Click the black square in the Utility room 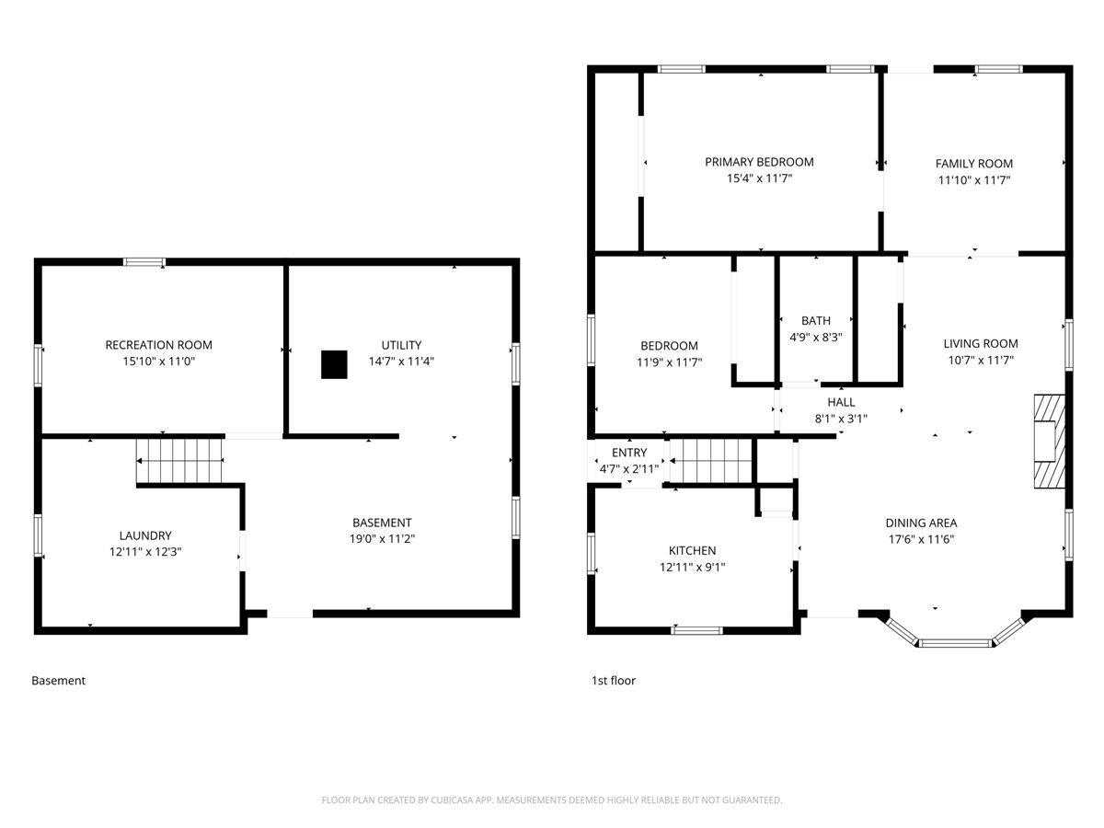[x=334, y=364]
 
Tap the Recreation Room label [x=158, y=345]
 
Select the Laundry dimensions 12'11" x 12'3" [x=145, y=551]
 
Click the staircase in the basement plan [x=179, y=461]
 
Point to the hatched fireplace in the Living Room [x=1049, y=442]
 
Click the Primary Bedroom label [x=759, y=162]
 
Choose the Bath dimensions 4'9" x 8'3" [x=815, y=337]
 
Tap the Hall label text [x=841, y=402]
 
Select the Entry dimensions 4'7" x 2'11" [x=628, y=469]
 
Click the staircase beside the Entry [x=710, y=461]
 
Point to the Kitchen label [x=692, y=550]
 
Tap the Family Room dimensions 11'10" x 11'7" [x=973, y=180]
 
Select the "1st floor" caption [x=613, y=680]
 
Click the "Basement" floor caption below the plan [x=58, y=680]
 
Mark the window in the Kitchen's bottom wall [x=696, y=630]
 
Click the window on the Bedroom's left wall [x=591, y=339]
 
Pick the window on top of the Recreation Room [x=144, y=262]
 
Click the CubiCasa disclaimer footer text [x=552, y=799]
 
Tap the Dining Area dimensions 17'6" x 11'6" [x=921, y=539]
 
